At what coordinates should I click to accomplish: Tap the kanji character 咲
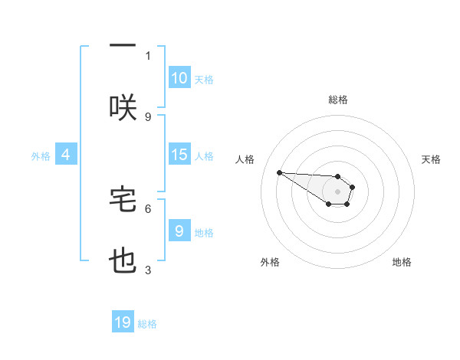123,108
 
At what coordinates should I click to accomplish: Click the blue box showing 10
179,78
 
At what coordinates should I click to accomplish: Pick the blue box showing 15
179,155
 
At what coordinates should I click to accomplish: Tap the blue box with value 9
179,231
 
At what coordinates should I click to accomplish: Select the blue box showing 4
66,155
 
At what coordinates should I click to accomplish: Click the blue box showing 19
123,322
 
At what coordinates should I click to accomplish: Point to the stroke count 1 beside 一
148,55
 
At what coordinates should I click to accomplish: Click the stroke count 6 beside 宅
148,208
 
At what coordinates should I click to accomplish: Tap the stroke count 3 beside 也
148,270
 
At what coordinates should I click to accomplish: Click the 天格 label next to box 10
204,79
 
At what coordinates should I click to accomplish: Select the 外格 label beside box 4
41,155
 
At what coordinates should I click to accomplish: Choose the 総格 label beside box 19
147,323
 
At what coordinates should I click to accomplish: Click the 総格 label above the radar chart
337,100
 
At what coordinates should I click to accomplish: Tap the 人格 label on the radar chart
245,159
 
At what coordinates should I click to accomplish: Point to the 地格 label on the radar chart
402,262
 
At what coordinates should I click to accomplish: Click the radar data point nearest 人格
279,172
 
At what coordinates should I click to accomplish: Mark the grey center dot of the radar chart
337,191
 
